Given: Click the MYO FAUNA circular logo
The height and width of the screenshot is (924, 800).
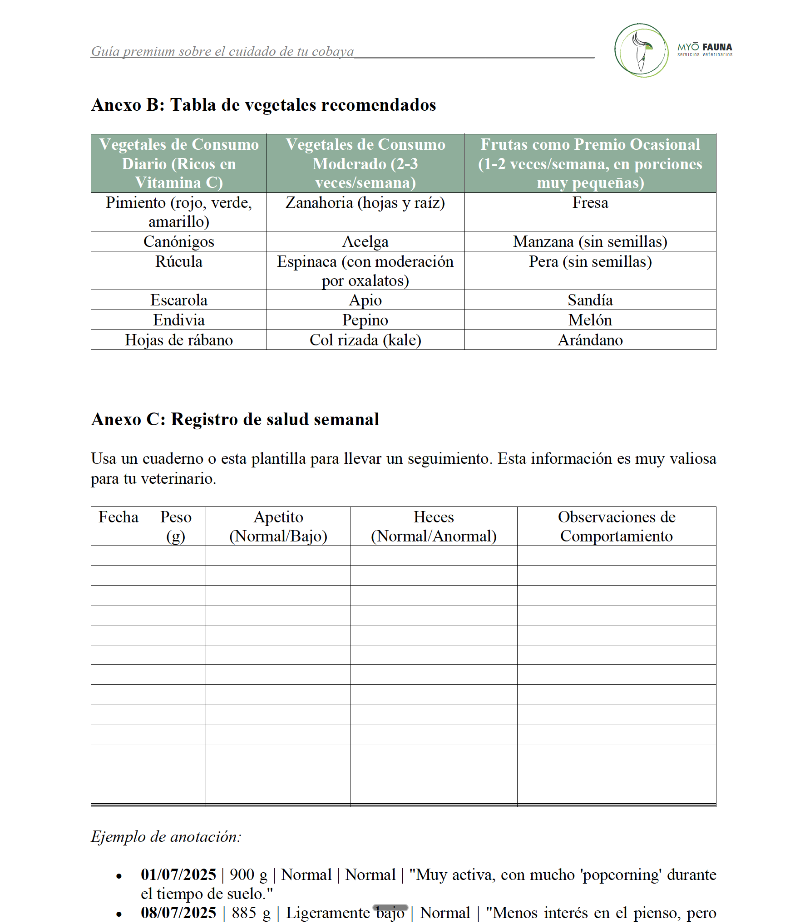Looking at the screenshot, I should (x=641, y=50).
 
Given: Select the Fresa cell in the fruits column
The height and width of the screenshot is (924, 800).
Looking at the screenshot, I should (x=590, y=203).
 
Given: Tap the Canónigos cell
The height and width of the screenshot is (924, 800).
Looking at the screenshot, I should (x=178, y=241).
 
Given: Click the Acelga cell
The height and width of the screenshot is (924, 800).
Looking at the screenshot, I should (x=365, y=241).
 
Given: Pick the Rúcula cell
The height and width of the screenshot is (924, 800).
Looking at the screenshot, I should (x=178, y=262).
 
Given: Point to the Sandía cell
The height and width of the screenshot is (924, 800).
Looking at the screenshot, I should (x=590, y=300).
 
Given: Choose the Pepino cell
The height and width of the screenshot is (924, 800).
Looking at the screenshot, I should (x=365, y=320).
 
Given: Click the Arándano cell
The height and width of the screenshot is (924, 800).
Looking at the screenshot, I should (x=590, y=340).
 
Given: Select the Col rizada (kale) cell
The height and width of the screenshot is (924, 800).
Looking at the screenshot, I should (x=365, y=340).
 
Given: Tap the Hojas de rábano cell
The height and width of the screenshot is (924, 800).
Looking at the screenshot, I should (x=178, y=340).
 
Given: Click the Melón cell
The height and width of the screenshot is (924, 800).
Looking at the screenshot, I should (x=590, y=320).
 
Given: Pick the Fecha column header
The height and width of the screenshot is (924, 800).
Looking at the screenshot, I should (x=118, y=517).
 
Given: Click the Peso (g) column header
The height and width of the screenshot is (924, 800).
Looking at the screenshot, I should (x=176, y=526).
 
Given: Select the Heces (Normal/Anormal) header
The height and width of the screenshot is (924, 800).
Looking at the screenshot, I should (x=434, y=526).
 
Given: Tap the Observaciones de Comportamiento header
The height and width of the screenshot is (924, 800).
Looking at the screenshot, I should (x=616, y=526).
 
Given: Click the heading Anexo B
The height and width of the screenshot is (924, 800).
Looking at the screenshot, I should (x=263, y=105).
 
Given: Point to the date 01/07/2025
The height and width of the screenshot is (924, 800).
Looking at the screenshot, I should (x=178, y=874).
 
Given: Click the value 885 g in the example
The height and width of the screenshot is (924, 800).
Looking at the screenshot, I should (x=251, y=912).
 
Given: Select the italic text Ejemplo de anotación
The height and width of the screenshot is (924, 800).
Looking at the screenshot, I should (x=166, y=836).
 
